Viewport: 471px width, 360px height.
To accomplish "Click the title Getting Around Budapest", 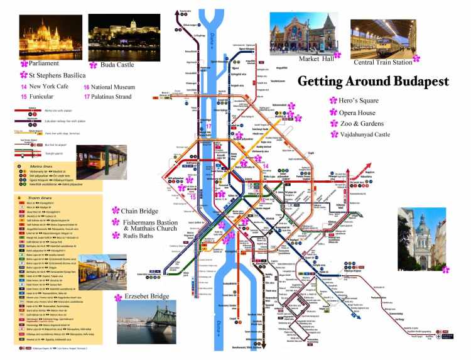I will pyautogui.click(x=373, y=82).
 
